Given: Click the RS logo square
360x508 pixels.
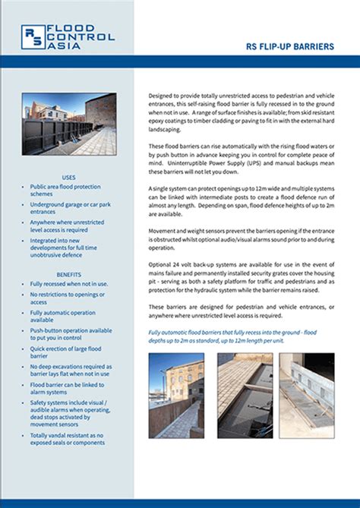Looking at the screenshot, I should click(x=33, y=36).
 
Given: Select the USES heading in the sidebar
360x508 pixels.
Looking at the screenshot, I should click(x=69, y=177).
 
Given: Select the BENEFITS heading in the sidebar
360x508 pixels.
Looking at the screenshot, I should click(x=68, y=274).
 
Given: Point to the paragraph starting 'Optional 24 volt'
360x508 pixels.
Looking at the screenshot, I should click(x=240, y=278).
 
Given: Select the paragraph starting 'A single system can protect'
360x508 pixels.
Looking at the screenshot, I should click(x=240, y=198).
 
